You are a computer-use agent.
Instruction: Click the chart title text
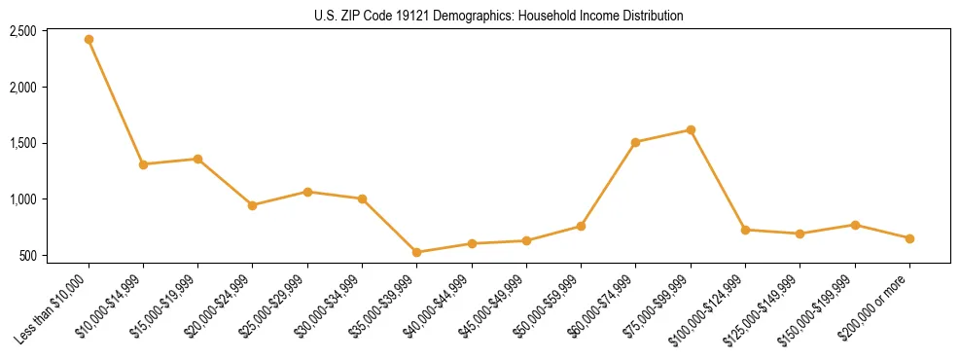tap(499, 16)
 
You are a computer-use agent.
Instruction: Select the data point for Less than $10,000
tap(89, 39)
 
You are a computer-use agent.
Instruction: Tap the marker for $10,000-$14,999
tap(143, 164)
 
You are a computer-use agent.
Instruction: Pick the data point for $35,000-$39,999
tap(416, 252)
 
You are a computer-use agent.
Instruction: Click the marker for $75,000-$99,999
tap(691, 129)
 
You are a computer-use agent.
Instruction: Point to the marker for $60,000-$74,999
tap(635, 142)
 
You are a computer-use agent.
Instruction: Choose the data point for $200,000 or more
tap(909, 238)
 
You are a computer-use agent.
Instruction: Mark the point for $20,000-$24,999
tap(253, 205)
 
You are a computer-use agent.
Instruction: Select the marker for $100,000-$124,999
tap(745, 230)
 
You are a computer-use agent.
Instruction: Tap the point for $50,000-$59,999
tap(581, 226)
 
